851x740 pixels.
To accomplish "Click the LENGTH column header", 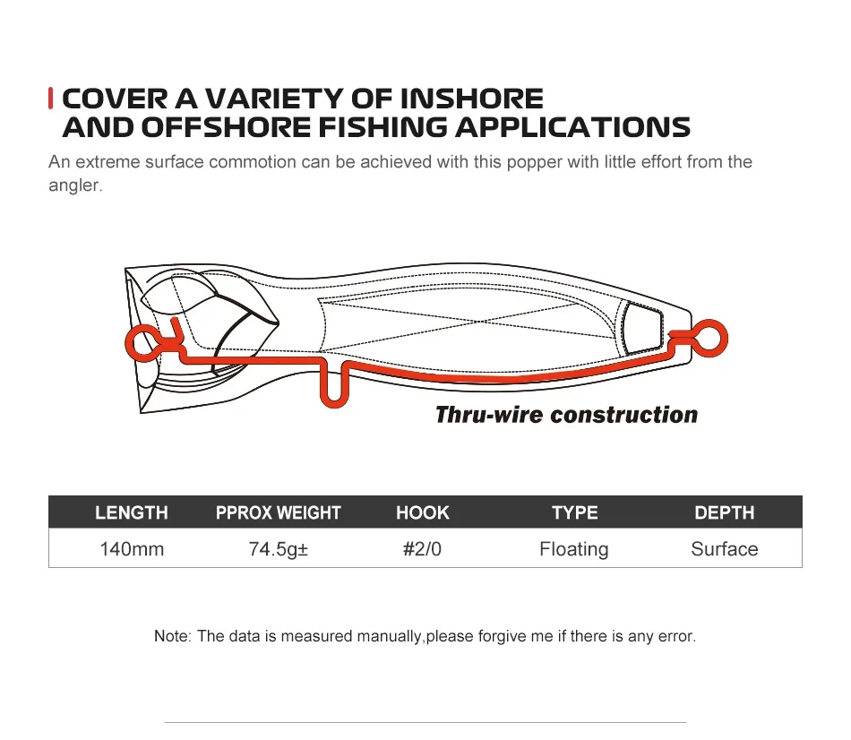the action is click(x=132, y=512).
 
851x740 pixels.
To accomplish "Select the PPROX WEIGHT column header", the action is click(x=278, y=512).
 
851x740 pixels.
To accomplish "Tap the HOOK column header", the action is click(x=422, y=512).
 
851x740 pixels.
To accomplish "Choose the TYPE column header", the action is click(x=575, y=512).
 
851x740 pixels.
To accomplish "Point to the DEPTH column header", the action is click(x=725, y=512).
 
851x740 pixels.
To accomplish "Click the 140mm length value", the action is click(x=132, y=549).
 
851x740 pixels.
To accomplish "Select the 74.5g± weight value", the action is click(x=279, y=549).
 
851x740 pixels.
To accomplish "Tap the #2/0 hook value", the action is click(x=422, y=549).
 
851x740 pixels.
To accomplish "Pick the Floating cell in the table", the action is click(x=573, y=549).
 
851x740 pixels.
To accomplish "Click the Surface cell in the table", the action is click(x=725, y=549).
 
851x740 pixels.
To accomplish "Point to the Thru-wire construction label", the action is click(x=566, y=415).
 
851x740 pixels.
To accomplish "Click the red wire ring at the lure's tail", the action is click(x=726, y=339).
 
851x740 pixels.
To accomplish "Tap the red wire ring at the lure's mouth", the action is click(x=128, y=343).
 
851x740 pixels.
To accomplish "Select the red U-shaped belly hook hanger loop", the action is click(x=333, y=403).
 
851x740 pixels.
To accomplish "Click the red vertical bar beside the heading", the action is click(x=50, y=99).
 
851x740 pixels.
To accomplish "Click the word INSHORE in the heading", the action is click(x=471, y=99).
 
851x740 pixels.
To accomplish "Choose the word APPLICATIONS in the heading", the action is click(x=572, y=127).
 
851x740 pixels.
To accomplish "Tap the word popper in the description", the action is click(x=535, y=162).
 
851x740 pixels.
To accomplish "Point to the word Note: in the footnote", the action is click(x=173, y=636).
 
